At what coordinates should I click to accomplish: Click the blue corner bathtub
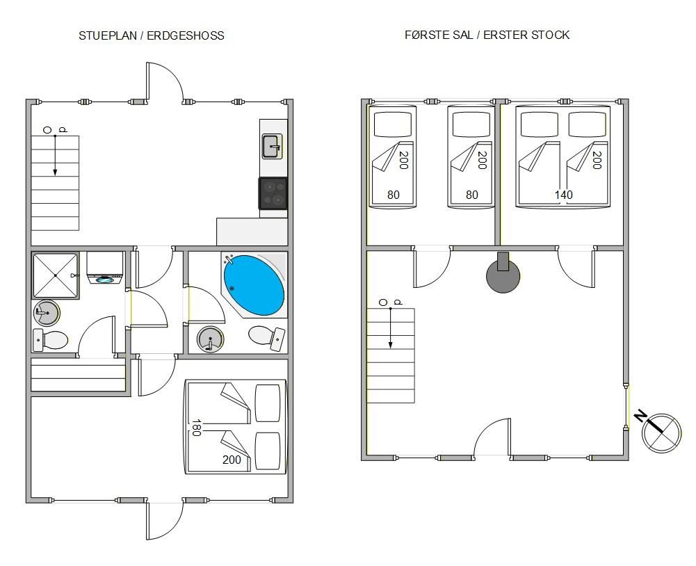tap(254, 284)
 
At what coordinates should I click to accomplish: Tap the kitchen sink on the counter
tap(272, 146)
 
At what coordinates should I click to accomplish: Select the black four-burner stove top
tap(273, 193)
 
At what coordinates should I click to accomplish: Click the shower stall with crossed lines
tap(56, 275)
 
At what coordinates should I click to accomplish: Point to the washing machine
tap(105, 268)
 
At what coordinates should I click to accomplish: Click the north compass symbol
tap(661, 432)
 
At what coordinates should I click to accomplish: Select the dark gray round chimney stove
tap(503, 275)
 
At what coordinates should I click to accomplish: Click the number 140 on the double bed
tap(563, 195)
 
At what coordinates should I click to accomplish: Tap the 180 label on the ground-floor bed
tap(197, 428)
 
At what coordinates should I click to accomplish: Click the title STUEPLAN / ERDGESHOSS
tap(152, 36)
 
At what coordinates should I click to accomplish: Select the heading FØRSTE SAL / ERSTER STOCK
tap(487, 35)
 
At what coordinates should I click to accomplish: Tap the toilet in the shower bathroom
tap(50, 341)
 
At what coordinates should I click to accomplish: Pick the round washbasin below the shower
tap(47, 312)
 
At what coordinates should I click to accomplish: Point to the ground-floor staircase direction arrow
tap(55, 155)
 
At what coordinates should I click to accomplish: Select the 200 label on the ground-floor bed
tap(232, 460)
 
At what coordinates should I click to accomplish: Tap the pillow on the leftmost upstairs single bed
tap(393, 124)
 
